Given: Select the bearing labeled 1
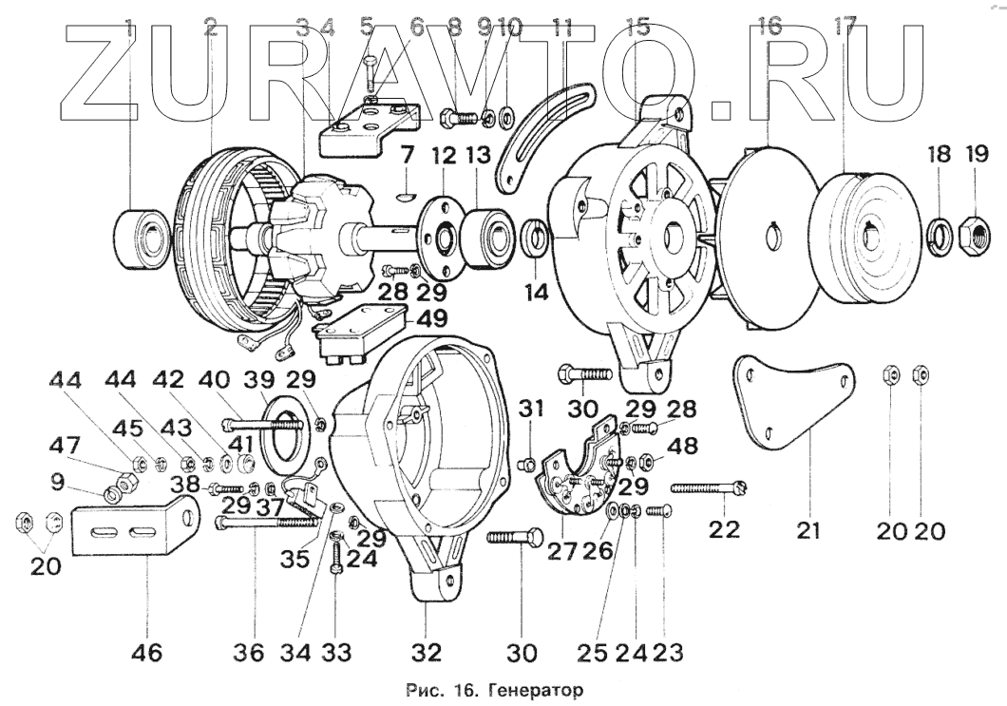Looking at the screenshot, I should pos(140,234).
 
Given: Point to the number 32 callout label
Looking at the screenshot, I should pos(427,653).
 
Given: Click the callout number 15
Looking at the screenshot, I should pos(638,27).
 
